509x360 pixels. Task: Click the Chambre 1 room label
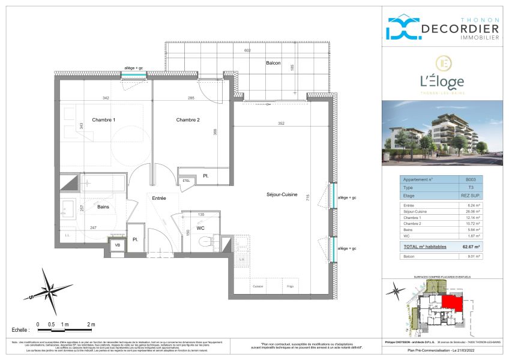[x=103, y=120]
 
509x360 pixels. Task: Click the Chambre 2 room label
[x=188, y=120]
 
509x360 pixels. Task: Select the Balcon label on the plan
[x=273, y=63]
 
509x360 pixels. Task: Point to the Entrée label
[x=158, y=197]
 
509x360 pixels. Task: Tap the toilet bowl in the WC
[x=204, y=242]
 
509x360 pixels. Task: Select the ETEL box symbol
[x=185, y=180]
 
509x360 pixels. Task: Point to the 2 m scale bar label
[x=91, y=324]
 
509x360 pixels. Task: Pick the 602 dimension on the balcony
[x=247, y=51]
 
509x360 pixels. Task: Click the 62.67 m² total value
[x=471, y=246]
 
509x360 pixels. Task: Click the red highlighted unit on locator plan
[x=453, y=304]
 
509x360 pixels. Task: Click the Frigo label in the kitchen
[x=291, y=286]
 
